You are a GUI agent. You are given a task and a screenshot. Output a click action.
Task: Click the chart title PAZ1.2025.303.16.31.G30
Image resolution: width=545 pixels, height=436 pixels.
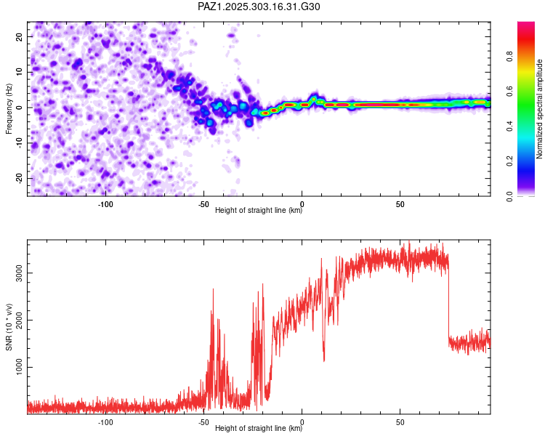coord(259,7)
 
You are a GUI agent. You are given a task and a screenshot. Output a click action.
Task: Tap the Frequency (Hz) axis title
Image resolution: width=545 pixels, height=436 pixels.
coord(9,108)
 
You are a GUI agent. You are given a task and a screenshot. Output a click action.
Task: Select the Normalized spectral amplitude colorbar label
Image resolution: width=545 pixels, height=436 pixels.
coord(540,109)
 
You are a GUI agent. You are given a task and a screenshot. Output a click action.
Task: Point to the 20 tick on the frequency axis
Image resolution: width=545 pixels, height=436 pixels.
coord(20,36)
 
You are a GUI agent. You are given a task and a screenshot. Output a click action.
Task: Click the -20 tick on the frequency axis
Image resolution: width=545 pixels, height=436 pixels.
coord(18,178)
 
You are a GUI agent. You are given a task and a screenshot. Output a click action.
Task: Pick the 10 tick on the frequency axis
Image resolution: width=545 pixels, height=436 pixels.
coord(20,72)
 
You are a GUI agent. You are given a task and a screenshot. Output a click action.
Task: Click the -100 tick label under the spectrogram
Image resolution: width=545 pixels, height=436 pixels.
coord(105,203)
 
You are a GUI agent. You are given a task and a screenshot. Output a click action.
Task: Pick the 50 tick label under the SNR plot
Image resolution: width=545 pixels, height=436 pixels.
coord(400,421)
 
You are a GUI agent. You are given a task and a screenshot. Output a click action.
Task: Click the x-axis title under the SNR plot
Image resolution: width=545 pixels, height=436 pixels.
coord(259,429)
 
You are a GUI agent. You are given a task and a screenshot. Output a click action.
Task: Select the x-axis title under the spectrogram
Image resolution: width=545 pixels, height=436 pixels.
coord(259,211)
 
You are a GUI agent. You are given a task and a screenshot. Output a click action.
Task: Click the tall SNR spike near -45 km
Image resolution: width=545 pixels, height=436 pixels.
coord(213,291)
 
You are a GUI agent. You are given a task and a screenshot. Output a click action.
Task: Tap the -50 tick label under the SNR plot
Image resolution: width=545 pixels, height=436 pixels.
coord(203,421)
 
